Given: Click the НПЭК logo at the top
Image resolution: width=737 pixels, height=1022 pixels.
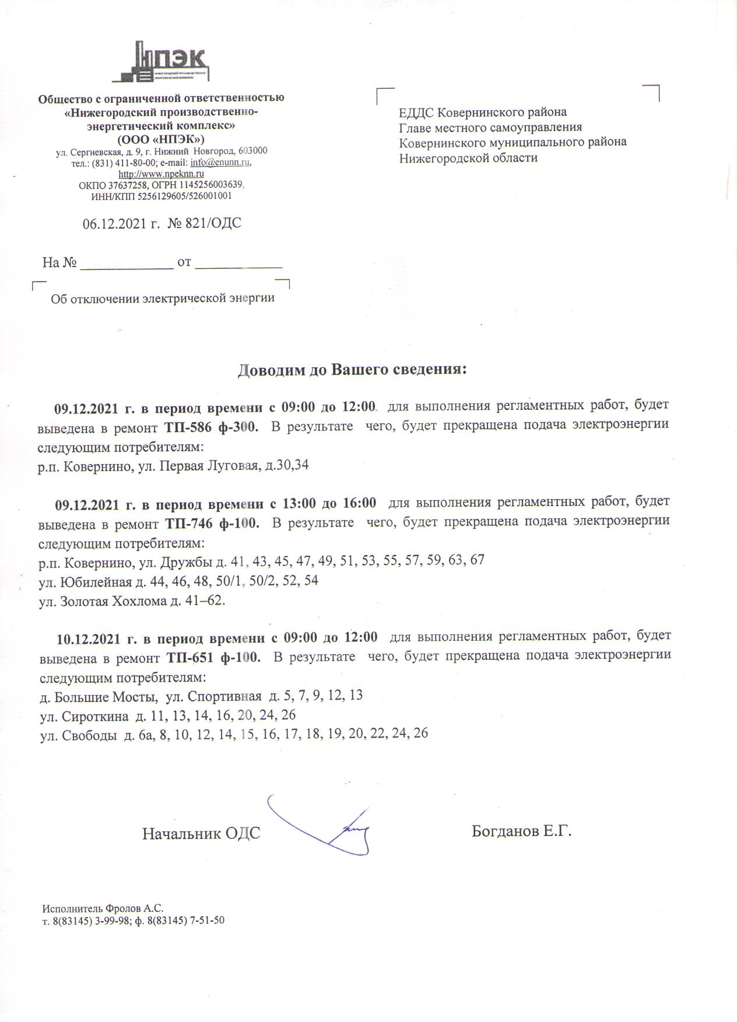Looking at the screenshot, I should [161, 62].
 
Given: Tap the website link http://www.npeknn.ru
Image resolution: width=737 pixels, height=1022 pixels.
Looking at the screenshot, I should [161, 174].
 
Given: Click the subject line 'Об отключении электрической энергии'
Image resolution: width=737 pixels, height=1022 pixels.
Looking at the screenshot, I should [163, 299].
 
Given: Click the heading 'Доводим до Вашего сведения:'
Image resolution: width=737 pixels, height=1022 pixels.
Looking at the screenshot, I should [353, 370].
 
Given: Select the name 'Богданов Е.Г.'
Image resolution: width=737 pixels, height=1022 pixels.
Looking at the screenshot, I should [521, 831].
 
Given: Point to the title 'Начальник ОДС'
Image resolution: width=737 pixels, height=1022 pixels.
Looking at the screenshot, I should [201, 834].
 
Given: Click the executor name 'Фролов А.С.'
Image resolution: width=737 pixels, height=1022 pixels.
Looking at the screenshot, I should [135, 908].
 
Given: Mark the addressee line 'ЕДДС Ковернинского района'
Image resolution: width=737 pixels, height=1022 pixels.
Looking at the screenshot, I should [483, 113].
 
